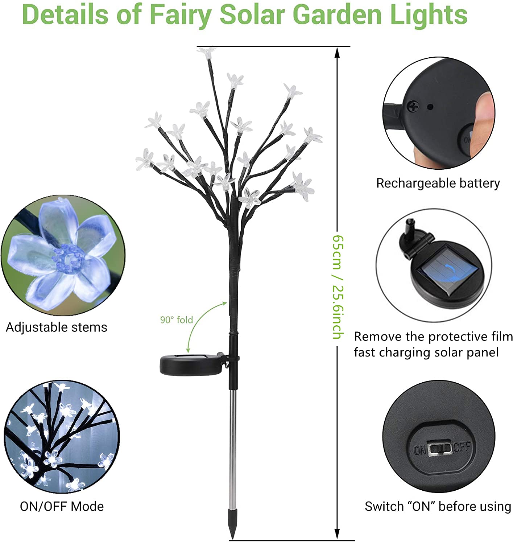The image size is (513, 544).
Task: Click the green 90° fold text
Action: click(177, 320)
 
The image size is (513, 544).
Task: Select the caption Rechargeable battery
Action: click(438, 183)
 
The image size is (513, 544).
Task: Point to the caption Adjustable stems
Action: click(57, 327)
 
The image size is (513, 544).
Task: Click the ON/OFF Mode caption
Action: click(62, 507)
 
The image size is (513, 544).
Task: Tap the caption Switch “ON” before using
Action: click(438, 507)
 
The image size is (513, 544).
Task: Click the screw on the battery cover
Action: click(413, 106)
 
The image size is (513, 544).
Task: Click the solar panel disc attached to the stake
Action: click(192, 364)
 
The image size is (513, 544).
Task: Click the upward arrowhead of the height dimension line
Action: click(338, 52)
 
